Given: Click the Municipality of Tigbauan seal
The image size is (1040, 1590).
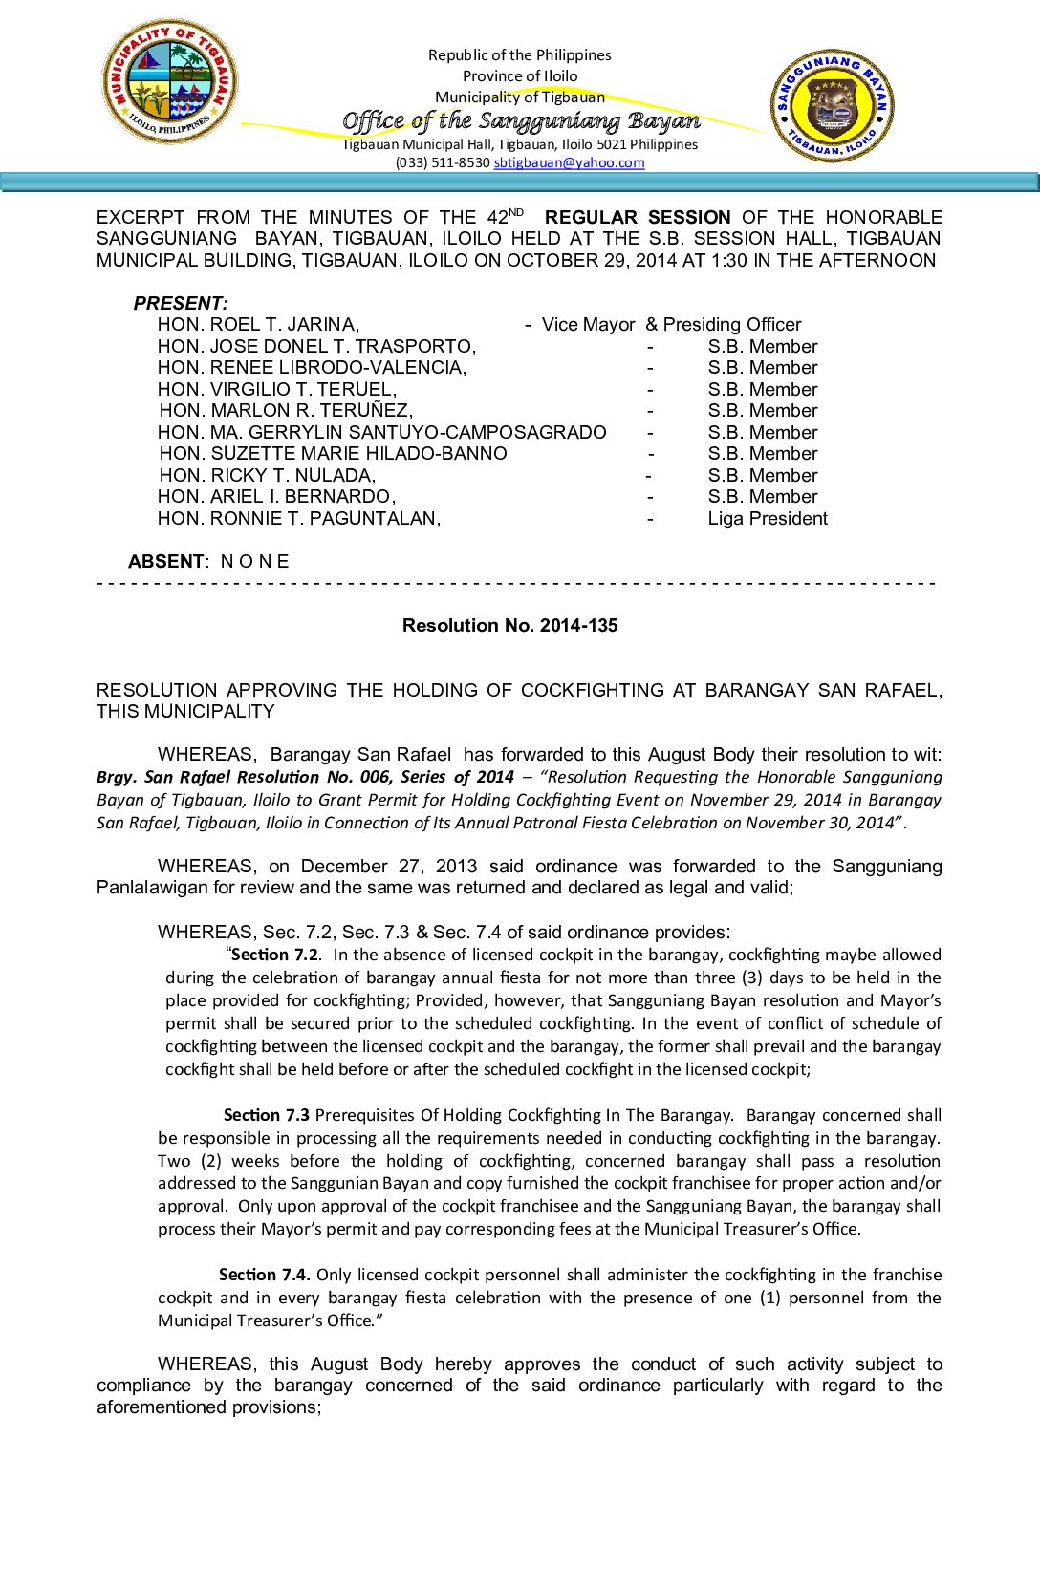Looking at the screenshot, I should pos(169,82).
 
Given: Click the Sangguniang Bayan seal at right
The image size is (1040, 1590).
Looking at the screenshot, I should pos(831,106).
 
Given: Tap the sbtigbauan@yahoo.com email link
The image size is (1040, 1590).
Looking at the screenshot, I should pos(569,162).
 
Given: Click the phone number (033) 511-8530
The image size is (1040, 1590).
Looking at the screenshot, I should pos(443,162).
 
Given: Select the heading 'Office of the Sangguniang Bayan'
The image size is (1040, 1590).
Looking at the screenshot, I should pos(521,120).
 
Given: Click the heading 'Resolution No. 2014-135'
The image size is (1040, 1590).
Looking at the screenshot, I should pos(509,625).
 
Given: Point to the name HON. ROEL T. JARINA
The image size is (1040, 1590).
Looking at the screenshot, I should pos(258,325).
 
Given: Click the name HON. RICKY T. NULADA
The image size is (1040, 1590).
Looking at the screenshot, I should pos(268,475).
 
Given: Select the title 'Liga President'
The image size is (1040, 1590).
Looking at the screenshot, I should pos(768,518).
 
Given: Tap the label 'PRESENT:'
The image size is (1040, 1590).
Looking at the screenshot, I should pos(181,303).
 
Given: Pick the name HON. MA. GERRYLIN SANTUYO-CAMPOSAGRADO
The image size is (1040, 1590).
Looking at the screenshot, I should pos(382,432).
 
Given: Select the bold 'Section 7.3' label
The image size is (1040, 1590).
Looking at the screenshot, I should pos(267,1115).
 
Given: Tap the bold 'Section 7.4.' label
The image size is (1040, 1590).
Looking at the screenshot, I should pos(265,1275).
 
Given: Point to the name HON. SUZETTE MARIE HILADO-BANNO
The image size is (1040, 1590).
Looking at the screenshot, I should pos(333,454).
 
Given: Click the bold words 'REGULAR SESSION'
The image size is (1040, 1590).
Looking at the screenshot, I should pos(638,217).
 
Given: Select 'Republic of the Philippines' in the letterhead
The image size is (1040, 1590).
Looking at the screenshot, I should pos(519,55).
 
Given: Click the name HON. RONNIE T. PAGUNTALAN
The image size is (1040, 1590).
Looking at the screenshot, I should pos(299,518).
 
